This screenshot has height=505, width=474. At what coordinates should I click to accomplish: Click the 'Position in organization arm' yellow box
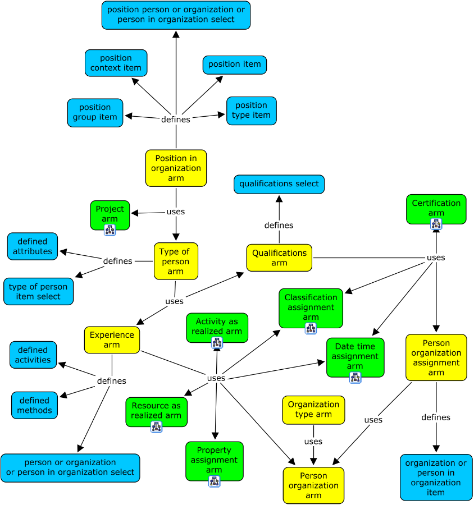click(x=176, y=168)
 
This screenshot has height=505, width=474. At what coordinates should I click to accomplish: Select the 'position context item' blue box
click(x=116, y=63)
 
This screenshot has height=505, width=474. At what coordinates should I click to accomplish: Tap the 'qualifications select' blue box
click(x=279, y=184)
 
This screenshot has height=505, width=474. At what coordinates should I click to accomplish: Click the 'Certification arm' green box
click(x=436, y=208)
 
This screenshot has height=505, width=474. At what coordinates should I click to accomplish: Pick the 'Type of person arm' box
click(x=176, y=261)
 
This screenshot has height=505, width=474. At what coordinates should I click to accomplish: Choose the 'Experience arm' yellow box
click(x=112, y=339)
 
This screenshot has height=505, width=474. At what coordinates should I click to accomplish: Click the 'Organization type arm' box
click(x=313, y=410)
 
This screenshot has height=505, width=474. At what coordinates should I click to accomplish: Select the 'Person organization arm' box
click(x=313, y=485)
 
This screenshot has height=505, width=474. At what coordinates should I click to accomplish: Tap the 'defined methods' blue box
click(x=34, y=405)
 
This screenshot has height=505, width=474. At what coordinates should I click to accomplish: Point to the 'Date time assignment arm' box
click(x=355, y=356)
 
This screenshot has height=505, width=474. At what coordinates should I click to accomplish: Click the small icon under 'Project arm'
click(x=110, y=229)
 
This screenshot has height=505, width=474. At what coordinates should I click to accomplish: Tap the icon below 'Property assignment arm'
click(x=214, y=481)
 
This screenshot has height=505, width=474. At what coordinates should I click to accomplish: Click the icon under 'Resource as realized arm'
click(x=156, y=427)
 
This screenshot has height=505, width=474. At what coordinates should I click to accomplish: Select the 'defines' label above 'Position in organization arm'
click(x=176, y=120)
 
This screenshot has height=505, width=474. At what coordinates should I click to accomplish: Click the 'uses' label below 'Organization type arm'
click(x=313, y=442)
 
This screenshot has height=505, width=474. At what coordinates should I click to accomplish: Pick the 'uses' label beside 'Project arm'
click(x=176, y=212)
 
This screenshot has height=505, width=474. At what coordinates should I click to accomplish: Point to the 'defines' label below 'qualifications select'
click(x=279, y=225)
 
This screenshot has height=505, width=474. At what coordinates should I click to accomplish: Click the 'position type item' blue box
click(x=252, y=111)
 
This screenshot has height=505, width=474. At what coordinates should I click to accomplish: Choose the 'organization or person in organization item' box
click(x=436, y=478)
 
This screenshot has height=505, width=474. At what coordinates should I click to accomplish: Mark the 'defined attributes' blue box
click(x=33, y=246)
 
